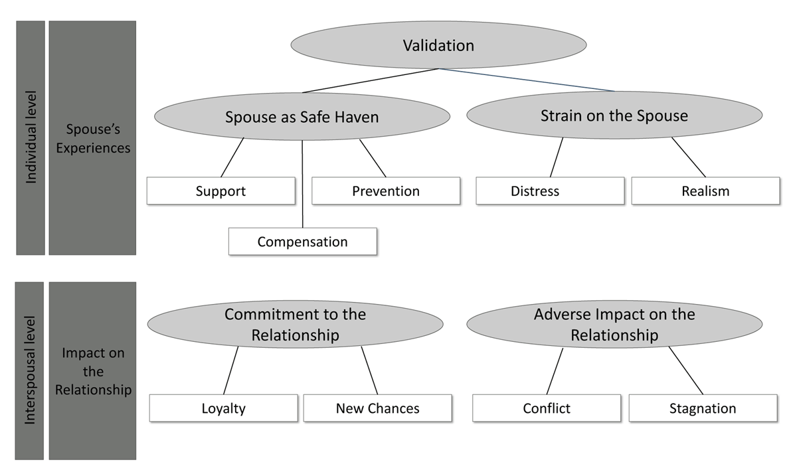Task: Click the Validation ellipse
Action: pos(438,44)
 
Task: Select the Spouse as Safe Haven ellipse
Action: pos(302,116)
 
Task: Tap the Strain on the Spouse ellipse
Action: pos(614,115)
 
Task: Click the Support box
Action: pos(221,191)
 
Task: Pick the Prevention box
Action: pos(386,191)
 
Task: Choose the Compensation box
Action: pos(303,242)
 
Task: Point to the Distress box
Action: pos(550,191)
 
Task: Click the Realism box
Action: pos(705,191)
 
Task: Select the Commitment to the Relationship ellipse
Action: pos(296,324)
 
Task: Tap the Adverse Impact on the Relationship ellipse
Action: pos(614,324)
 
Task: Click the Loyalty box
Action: pos(223,408)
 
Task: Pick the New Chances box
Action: pos(377,408)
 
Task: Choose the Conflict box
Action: pos(547,408)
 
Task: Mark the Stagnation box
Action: pos(703,408)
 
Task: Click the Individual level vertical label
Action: pos(31,137)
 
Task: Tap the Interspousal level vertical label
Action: pos(30,370)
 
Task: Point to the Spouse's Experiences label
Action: pos(93,138)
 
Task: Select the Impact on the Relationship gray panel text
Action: pos(93,371)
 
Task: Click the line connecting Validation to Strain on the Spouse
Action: pos(527,80)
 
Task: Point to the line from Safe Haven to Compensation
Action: pos(302,184)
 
